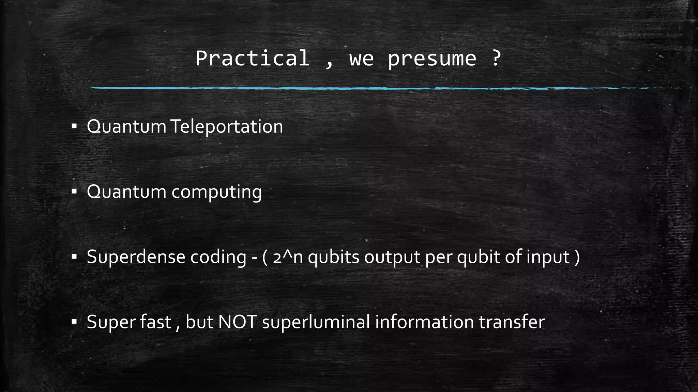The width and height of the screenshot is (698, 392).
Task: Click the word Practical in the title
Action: (x=252, y=59)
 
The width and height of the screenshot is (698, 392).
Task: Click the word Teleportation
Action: (x=226, y=127)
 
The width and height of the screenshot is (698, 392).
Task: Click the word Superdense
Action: (x=136, y=257)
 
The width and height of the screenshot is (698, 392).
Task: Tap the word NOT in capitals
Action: (x=237, y=322)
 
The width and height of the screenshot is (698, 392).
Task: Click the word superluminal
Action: (x=316, y=322)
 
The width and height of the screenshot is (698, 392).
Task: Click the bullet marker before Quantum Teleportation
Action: (x=74, y=127)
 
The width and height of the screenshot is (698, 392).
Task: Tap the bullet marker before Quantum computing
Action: (x=74, y=192)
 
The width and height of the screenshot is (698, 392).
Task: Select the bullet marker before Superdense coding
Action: (x=74, y=257)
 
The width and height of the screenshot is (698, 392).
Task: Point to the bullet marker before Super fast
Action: (x=74, y=322)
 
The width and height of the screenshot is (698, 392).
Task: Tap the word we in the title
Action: (x=361, y=59)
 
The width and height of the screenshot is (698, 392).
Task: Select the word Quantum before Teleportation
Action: (x=126, y=127)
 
